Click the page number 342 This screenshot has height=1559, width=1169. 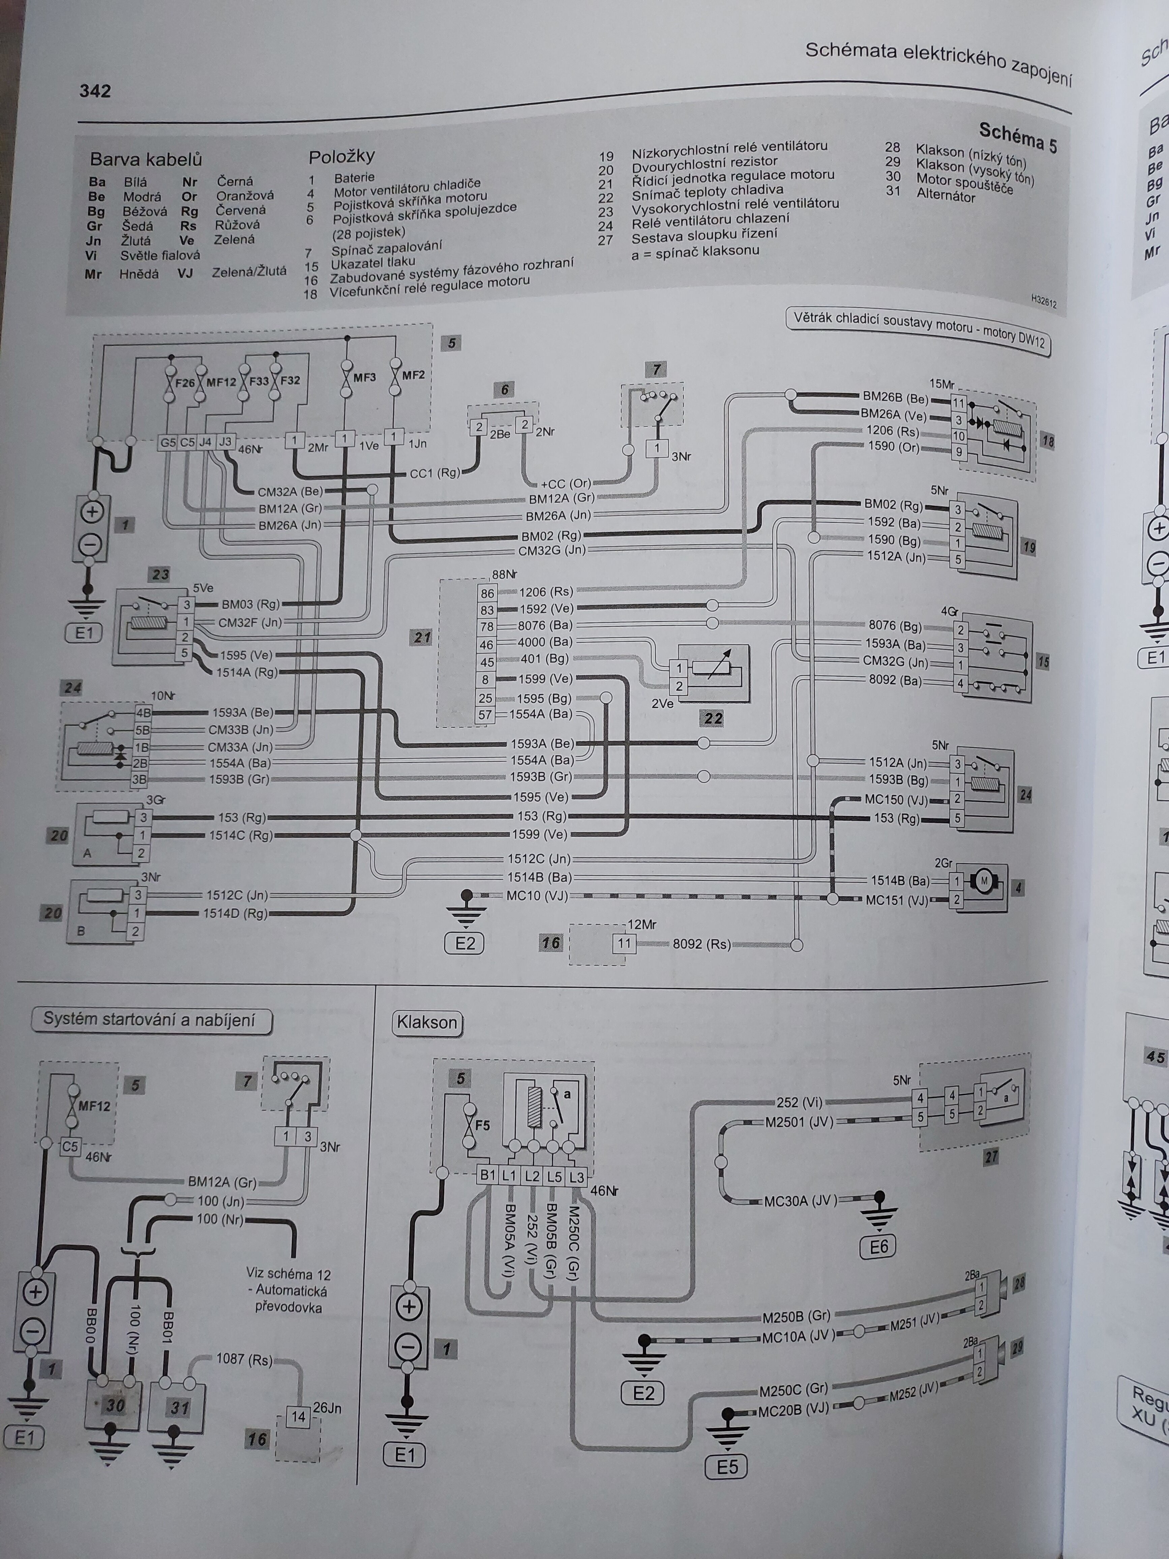pyautogui.click(x=95, y=91)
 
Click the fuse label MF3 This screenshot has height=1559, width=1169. pyautogui.click(x=364, y=377)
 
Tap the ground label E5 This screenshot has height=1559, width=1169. pyautogui.click(x=726, y=1467)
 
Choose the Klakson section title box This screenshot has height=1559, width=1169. pyautogui.click(x=427, y=1023)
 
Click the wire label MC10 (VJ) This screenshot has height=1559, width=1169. pyautogui.click(x=537, y=896)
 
